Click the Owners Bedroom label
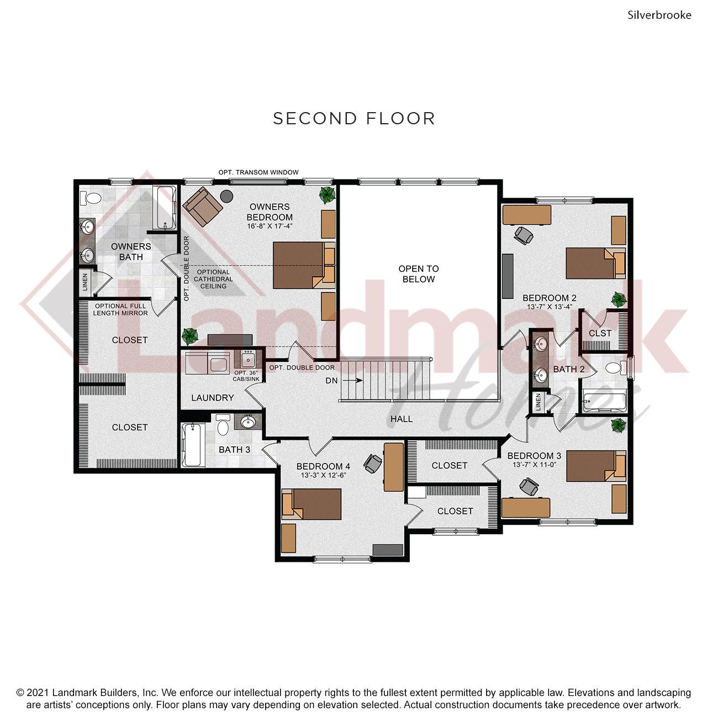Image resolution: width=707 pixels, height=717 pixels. [x=270, y=212]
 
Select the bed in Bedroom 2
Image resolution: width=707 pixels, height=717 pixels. [x=596, y=263]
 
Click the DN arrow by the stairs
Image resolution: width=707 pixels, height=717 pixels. [x=352, y=381]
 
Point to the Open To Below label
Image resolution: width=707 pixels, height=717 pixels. [x=418, y=274]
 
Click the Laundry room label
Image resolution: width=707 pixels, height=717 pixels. [x=213, y=398]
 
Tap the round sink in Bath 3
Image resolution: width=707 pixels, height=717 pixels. [x=247, y=422]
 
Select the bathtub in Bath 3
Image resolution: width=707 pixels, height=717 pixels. [x=193, y=445]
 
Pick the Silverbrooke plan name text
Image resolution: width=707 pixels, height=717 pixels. [x=659, y=15]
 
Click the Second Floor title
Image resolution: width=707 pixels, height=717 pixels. [x=354, y=119]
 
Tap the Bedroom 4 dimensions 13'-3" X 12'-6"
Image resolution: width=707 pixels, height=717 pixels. [x=323, y=475]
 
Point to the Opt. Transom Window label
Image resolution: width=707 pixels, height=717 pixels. [x=258, y=172]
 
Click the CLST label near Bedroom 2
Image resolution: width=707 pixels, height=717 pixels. [x=600, y=333]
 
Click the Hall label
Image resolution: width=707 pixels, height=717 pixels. [x=402, y=419]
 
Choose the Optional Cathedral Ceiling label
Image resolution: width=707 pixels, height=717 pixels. [x=213, y=279]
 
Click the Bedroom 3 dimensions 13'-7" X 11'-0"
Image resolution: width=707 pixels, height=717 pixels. [x=534, y=465]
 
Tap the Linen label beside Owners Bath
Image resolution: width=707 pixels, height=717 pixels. [x=85, y=282]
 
